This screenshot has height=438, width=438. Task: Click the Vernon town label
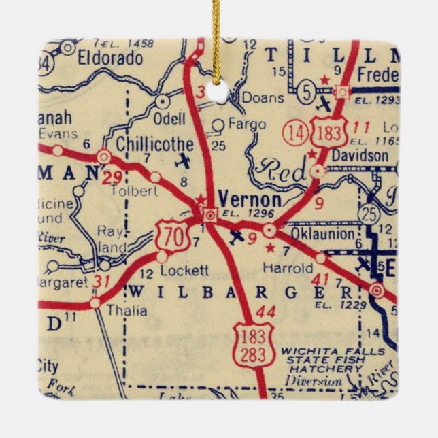(x=251, y=200)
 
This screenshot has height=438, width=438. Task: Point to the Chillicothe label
(x=154, y=144)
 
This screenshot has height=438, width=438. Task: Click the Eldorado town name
(x=110, y=57)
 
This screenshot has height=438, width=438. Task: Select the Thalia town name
(x=127, y=311)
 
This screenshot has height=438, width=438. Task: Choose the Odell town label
(x=170, y=119)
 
